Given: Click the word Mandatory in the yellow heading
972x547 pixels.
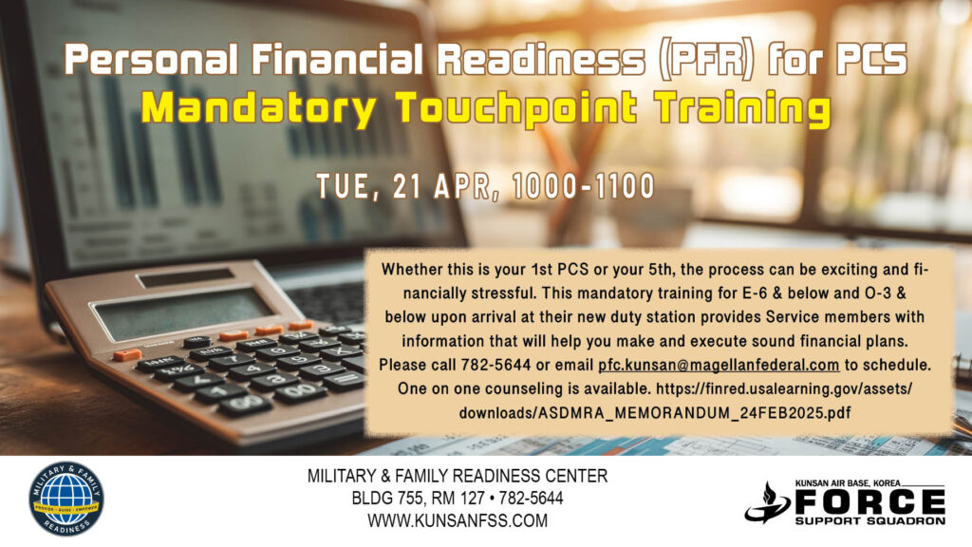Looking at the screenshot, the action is pos(258,108).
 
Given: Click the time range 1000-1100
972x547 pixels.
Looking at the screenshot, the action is pos(584,187).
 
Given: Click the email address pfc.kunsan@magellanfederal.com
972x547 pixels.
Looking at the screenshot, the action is pos(719,366).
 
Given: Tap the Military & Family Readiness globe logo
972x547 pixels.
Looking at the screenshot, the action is pos(66,499).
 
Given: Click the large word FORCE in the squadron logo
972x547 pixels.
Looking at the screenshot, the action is pos(869,501).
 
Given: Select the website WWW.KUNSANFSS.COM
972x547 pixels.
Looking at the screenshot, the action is pos(458,520).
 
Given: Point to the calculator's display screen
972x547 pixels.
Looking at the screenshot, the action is pos(181,312).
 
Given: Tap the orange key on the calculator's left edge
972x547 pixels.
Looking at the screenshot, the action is pos(127,355).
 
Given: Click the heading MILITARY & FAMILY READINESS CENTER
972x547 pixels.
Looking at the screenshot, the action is pos(458,476).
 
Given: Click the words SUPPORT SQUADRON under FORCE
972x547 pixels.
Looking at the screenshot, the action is pos(870,521).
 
